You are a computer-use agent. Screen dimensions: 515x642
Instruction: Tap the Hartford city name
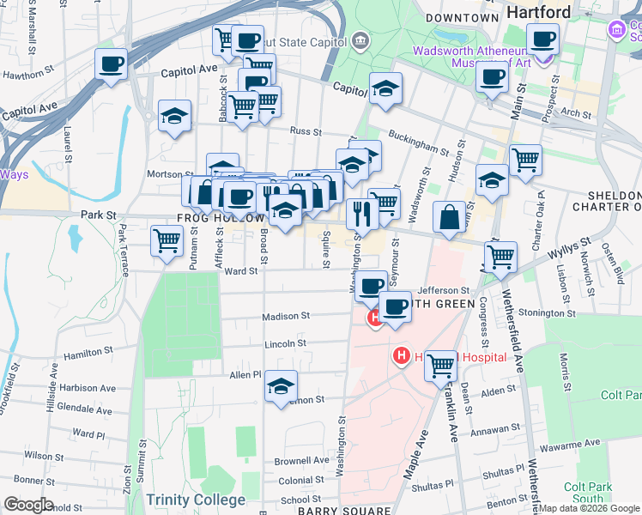(538, 12)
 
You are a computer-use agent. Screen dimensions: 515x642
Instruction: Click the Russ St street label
(305, 132)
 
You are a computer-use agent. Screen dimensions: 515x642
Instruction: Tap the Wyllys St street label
(573, 247)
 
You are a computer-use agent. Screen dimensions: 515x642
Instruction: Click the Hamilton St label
(88, 352)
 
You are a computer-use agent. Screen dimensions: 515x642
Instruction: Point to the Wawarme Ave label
(567, 448)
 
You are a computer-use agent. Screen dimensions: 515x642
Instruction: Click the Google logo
(28, 505)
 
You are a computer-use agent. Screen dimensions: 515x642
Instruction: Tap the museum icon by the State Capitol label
(359, 40)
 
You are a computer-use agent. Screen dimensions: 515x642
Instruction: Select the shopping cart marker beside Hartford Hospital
(441, 365)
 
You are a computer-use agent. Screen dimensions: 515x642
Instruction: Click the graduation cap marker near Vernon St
(281, 386)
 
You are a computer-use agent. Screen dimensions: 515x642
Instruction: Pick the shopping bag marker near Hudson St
(450, 217)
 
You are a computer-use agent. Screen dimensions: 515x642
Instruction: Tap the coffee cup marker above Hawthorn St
(111, 64)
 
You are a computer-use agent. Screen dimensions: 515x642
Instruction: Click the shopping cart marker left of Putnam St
(166, 239)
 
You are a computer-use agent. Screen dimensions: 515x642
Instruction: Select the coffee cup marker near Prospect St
(542, 38)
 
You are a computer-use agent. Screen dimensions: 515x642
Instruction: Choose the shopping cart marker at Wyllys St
(500, 256)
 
